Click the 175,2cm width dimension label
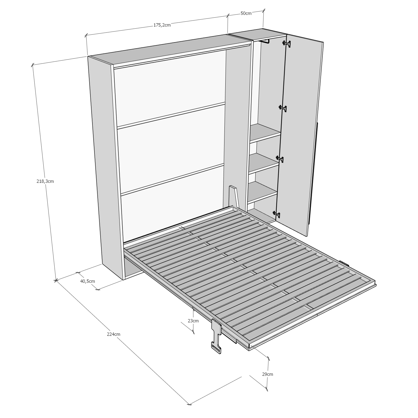tap(162, 25)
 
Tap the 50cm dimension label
tap(246, 14)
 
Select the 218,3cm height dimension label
tap(45, 181)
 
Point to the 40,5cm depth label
tap(88, 281)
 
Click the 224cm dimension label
tap(114, 334)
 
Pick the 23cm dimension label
tap(193, 321)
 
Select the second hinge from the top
tap(283, 108)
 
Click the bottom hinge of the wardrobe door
tap(276, 214)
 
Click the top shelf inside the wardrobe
tap(265, 133)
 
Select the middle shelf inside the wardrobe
tap(263, 163)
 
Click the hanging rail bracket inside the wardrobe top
tap(264, 41)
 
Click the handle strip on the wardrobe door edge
tap(313, 174)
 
